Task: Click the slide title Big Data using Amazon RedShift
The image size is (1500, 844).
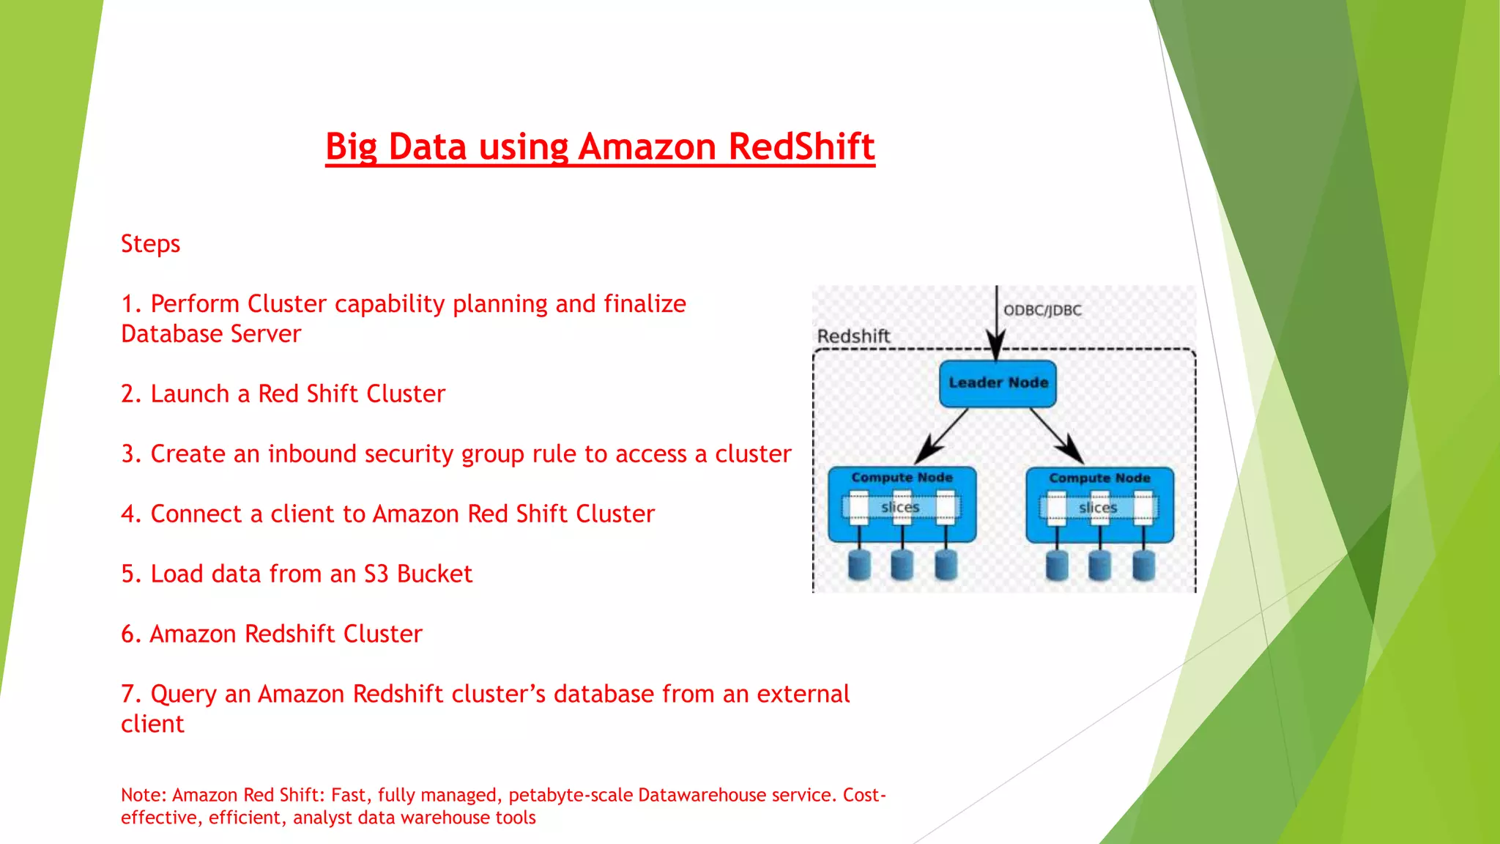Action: point(600,147)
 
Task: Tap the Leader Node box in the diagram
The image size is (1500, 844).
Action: point(998,383)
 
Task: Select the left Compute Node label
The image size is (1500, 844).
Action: point(902,478)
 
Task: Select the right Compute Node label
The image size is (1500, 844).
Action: point(1099,478)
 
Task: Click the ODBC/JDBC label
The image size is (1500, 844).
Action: point(1042,311)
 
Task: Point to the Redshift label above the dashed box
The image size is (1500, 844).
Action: point(853,336)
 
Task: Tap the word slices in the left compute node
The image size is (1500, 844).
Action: point(900,507)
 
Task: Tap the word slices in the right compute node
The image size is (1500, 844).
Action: point(1098,508)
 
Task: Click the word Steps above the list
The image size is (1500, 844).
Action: point(150,244)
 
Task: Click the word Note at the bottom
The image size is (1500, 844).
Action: point(142,796)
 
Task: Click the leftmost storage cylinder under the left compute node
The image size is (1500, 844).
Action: point(859,566)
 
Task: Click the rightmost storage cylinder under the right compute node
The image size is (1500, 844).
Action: point(1143,566)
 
